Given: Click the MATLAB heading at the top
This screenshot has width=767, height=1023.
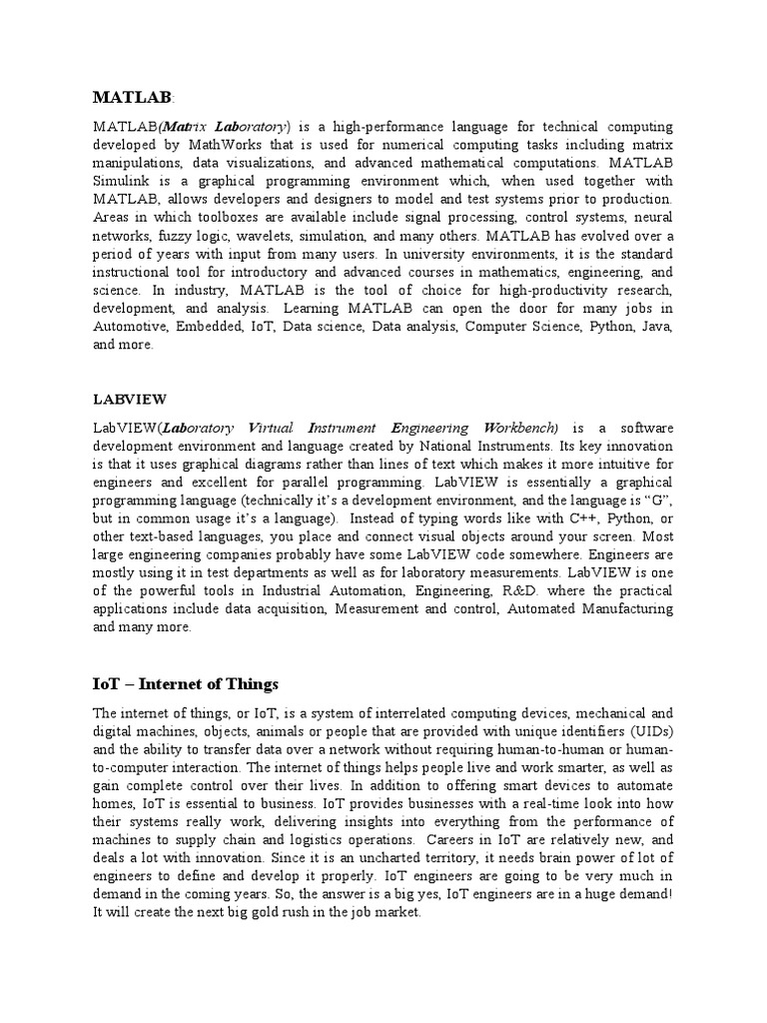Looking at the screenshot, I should tap(132, 97).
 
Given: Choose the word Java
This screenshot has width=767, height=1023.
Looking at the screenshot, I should tap(653, 326).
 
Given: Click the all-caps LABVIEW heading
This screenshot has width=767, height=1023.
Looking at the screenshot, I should tap(129, 399).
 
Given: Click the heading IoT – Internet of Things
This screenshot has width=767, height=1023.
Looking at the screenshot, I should tap(186, 684).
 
